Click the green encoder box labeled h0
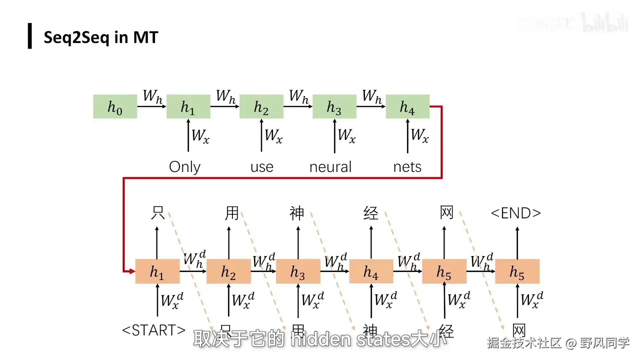(x=115, y=106)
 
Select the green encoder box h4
(x=407, y=106)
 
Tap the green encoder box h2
(x=261, y=106)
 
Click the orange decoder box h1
(x=157, y=271)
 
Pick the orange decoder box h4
(x=371, y=271)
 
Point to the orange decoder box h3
(x=298, y=271)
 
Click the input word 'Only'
(x=185, y=166)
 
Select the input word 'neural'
(x=330, y=166)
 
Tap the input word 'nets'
(x=407, y=166)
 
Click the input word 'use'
(x=262, y=166)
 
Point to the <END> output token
(x=516, y=213)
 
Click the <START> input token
(x=154, y=330)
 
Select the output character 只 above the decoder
(x=157, y=213)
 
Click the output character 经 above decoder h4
(x=371, y=213)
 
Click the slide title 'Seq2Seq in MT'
(x=101, y=37)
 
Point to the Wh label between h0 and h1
(x=152, y=96)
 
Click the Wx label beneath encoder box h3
(x=346, y=135)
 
